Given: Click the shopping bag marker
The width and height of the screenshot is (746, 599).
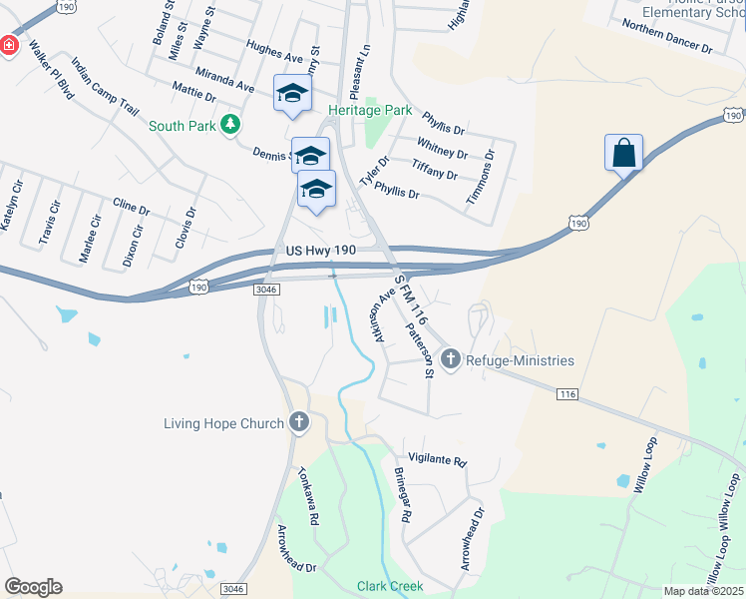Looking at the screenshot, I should coord(623,154).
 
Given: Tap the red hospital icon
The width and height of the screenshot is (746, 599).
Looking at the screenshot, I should coord(7,46).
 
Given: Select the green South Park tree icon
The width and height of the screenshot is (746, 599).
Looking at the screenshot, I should coord(231,125).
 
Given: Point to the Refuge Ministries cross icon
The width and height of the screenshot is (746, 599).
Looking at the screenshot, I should coord(451,359).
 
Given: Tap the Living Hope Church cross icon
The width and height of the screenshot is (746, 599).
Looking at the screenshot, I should coord(298,423).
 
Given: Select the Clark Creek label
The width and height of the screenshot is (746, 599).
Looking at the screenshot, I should coord(390,586).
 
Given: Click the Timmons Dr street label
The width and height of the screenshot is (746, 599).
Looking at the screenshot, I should coord(481,179).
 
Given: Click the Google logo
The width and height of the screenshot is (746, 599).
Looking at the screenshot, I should coord(33,587).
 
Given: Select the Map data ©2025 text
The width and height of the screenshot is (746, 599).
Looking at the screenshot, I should coord(704,591).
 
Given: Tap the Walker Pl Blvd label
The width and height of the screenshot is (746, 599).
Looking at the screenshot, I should coord(50,69).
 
